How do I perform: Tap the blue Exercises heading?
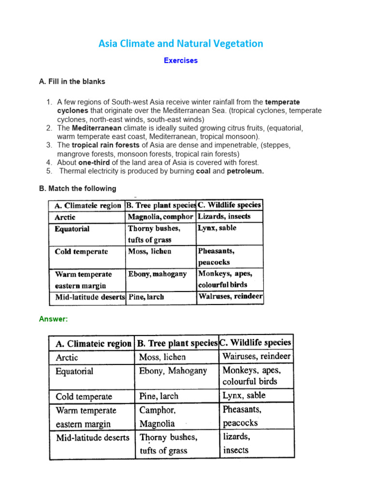181,61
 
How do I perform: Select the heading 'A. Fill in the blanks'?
72,82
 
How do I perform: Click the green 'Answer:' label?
53,319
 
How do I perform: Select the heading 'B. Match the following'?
78,189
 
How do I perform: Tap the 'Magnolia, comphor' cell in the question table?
160,217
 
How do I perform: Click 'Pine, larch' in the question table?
146,297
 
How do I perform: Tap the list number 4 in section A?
49,162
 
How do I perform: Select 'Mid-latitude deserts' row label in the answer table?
92,437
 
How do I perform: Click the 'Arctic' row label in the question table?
65,217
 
